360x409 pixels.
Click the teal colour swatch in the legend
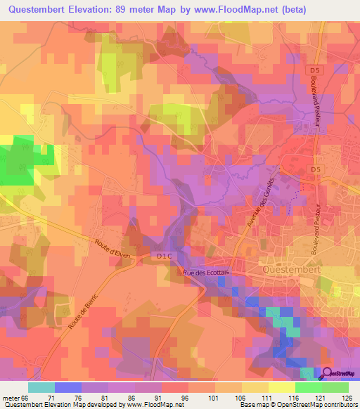coord(41,387)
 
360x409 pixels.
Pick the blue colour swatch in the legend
coord(68,387)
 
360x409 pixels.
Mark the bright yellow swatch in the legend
coord(282,387)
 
